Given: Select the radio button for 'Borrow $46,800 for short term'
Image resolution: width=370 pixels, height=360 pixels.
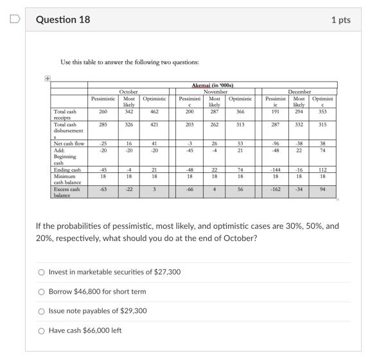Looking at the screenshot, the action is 42,292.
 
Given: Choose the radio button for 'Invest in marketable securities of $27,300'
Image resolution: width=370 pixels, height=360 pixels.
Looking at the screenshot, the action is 42,272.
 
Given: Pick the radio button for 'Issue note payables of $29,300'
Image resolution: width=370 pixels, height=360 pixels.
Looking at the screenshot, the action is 42,311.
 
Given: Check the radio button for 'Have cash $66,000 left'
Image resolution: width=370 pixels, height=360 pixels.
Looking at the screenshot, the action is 42,331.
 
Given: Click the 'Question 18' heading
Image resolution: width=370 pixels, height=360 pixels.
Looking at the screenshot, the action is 63,19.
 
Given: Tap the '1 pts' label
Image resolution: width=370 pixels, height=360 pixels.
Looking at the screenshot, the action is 340,20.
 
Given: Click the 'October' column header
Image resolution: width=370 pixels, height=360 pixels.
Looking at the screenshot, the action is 128,92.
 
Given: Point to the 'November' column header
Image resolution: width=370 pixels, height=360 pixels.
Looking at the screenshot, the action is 215,92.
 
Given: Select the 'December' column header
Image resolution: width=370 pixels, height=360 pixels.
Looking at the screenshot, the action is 299,92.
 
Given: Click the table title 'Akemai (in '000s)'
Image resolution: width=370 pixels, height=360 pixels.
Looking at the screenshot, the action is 213,85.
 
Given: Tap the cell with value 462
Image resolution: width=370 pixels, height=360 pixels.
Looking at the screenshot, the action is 154,111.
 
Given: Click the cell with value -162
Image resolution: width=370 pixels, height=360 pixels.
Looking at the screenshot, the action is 276,190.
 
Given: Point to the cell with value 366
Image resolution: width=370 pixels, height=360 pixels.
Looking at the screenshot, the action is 240,111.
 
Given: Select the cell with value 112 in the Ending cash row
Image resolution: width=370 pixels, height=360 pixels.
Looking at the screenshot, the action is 322,170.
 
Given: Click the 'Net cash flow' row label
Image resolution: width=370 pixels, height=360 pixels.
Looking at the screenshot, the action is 69,143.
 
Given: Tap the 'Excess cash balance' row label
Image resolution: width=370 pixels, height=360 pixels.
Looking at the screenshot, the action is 67,192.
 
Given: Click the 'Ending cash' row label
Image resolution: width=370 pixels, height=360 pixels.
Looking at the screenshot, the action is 67,170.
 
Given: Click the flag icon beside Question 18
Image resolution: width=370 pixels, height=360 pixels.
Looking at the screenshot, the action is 13,19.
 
